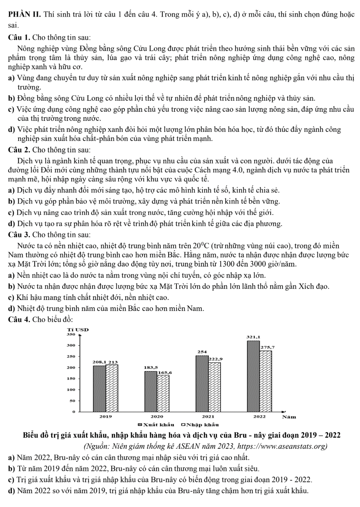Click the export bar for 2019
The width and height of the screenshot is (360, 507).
99,389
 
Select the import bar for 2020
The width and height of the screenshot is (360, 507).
163,393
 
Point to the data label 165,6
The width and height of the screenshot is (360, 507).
165,372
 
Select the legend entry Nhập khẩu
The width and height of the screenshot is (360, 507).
199,424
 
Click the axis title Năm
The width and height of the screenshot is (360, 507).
289,416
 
